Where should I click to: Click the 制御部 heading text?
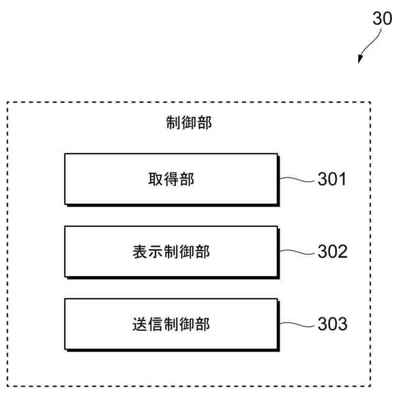click(189, 123)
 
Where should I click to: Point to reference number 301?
click(332, 180)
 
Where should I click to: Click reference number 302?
click(332, 252)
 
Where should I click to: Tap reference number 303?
click(332, 325)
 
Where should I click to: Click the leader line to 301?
click(297, 180)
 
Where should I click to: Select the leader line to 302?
click(297, 252)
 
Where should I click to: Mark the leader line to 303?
click(297, 324)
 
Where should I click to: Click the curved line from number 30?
click(370, 42)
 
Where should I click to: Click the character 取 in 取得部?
click(155, 180)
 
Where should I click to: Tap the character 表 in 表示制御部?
click(140, 252)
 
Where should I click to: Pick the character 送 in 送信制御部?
click(140, 324)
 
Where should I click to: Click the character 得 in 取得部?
click(171, 180)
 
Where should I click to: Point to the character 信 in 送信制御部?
click(155, 324)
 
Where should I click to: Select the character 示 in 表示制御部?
click(155, 252)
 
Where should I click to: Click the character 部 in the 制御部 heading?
click(205, 123)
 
